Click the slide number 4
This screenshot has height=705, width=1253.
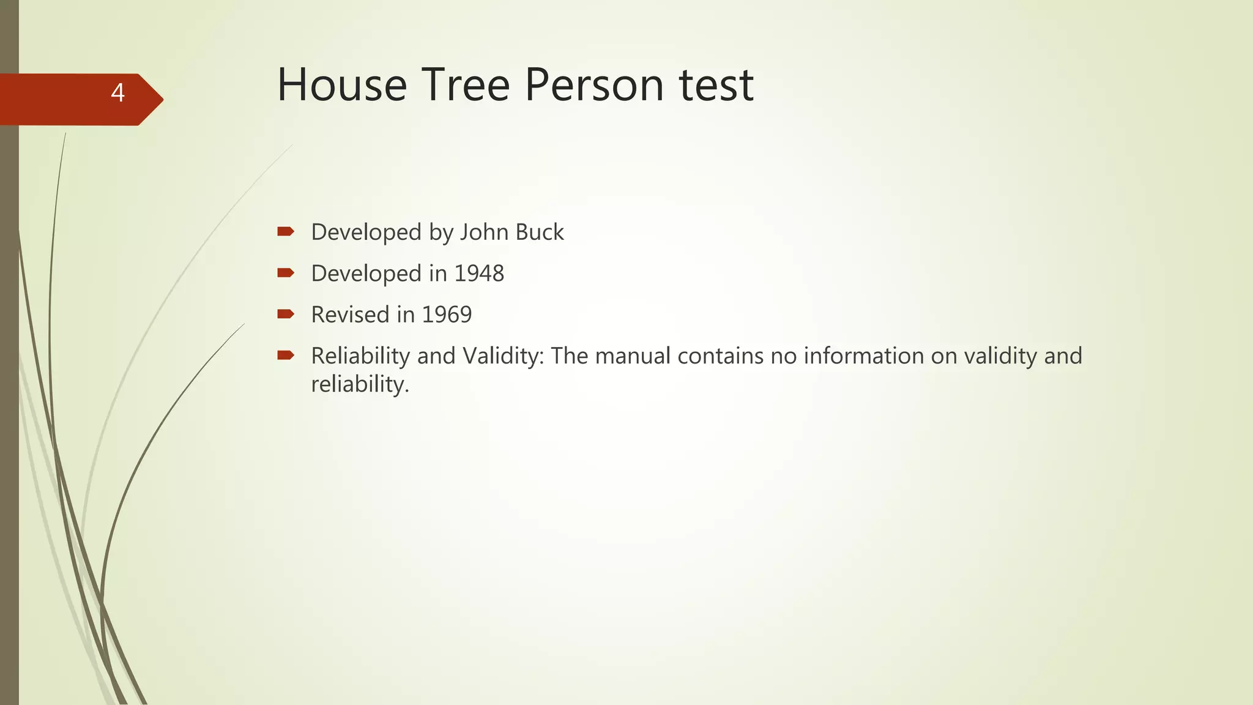coord(117,93)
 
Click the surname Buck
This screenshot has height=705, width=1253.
coord(540,233)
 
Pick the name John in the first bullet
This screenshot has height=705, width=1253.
coord(484,233)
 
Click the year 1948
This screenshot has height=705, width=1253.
coord(479,274)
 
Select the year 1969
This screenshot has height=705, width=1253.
coord(447,315)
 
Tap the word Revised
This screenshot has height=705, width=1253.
coord(351,315)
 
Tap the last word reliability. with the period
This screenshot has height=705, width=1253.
coord(360,385)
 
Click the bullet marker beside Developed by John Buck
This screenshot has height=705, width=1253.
coord(286,231)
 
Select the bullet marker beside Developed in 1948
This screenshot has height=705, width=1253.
coord(286,272)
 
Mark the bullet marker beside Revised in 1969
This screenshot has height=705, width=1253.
coord(286,314)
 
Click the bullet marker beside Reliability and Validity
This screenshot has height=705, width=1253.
coord(286,355)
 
